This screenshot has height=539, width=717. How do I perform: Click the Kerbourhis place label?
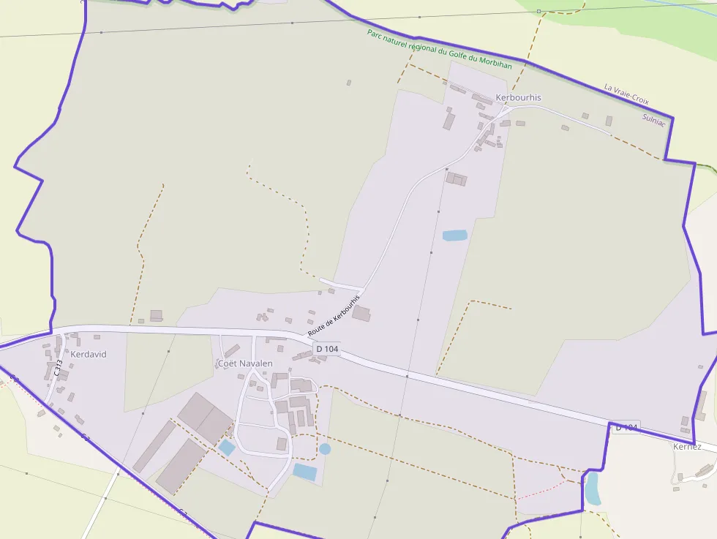coord(519,97)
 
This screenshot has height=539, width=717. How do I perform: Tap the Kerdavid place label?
coord(89,354)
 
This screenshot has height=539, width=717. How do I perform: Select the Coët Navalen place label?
coord(245,363)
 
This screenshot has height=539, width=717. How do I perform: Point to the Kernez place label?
coord(687,446)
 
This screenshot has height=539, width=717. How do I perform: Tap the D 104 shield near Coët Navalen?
coord(327,349)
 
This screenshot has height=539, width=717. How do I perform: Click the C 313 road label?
coord(58,367)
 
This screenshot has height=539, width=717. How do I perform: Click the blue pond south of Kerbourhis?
coord(454,235)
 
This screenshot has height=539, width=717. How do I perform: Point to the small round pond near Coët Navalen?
coord(325,448)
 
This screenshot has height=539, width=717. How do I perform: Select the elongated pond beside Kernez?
coord(592,488)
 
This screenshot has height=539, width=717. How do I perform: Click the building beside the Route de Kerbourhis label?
coord(361,314)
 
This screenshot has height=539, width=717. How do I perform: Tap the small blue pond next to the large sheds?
coord(227,448)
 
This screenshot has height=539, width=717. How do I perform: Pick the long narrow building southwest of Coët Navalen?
coord(154,446)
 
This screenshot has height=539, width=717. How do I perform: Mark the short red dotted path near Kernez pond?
coord(541,489)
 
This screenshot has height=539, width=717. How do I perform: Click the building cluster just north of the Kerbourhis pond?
coord(457,178)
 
